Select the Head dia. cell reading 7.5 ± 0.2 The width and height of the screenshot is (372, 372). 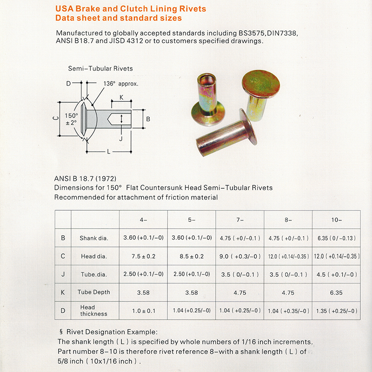pos(143,256)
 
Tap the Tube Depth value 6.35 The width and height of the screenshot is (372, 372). pos(336,293)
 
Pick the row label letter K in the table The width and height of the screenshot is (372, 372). pos(63,292)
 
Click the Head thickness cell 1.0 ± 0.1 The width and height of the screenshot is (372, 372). pos(143,311)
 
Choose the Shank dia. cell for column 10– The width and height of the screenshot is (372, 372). pos(336,238)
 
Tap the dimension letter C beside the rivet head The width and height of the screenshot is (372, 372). pos(55,120)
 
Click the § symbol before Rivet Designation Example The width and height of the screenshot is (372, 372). pos(61,332)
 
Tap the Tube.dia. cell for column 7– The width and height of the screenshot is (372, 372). pos(239,274)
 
